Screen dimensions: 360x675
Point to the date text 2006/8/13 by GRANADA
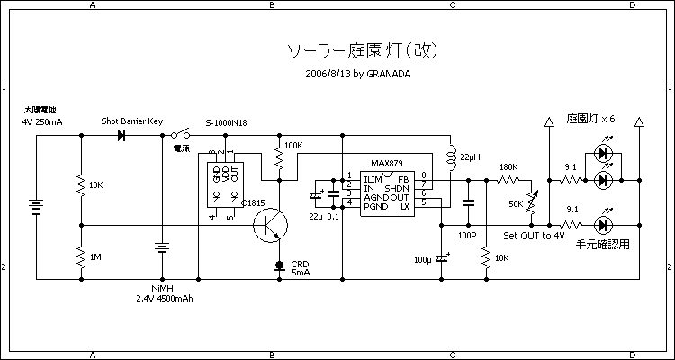358,74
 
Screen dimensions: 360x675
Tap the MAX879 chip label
388,166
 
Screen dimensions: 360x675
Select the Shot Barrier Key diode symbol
121,135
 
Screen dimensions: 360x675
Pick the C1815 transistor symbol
270,225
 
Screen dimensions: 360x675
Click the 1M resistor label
95,257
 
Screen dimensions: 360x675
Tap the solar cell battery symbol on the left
36,209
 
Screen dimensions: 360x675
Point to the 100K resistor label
293,145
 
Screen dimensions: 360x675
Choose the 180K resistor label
508,167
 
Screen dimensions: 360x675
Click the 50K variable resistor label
516,204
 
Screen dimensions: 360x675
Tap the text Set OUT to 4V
534,236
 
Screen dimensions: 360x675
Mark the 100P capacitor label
466,235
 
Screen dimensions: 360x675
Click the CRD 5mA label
300,268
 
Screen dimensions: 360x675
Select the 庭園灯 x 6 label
590,119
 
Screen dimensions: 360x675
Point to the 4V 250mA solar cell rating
42,121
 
